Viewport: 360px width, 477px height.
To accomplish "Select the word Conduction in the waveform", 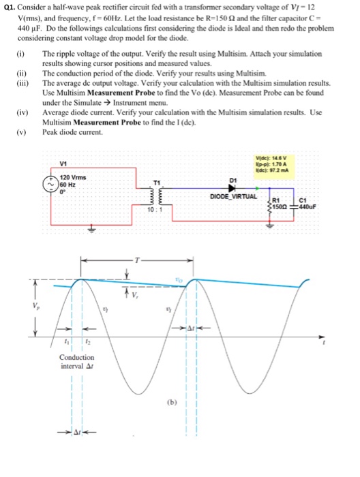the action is click(76, 357).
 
